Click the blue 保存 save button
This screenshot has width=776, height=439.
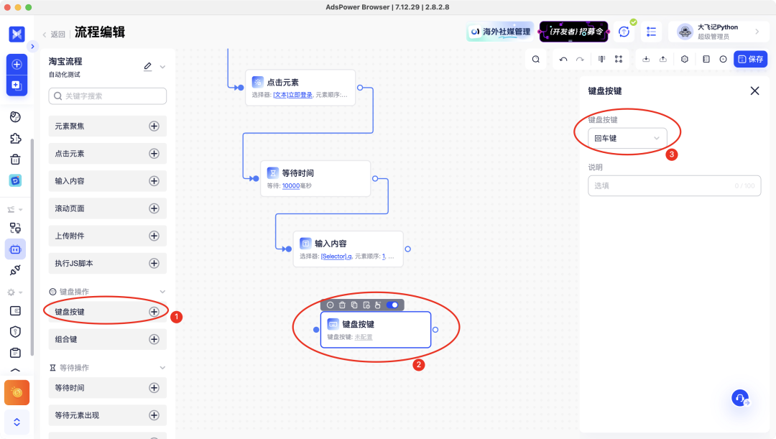click(x=750, y=59)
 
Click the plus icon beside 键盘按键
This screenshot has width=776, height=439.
click(x=154, y=312)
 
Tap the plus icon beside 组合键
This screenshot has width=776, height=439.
click(x=154, y=339)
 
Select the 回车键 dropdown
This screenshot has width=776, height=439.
click(x=627, y=138)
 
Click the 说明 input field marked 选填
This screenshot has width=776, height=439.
click(x=674, y=186)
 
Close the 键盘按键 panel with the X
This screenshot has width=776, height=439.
click(x=754, y=91)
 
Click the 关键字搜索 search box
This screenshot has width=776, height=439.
click(x=108, y=96)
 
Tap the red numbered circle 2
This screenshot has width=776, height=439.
click(x=418, y=364)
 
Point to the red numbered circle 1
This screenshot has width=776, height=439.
click(x=177, y=316)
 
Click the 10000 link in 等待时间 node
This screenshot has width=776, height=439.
click(x=290, y=185)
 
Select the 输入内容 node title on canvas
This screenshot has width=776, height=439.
click(x=331, y=244)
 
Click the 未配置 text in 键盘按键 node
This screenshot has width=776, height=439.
click(x=364, y=336)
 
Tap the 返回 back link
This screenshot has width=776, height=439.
click(x=55, y=34)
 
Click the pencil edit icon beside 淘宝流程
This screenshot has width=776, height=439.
click(x=148, y=66)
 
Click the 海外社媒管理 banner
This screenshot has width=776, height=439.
click(x=500, y=32)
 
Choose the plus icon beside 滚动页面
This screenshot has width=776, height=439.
click(x=154, y=208)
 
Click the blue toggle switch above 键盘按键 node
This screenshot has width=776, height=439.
click(x=392, y=305)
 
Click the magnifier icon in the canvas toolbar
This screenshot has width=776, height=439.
click(x=536, y=59)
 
